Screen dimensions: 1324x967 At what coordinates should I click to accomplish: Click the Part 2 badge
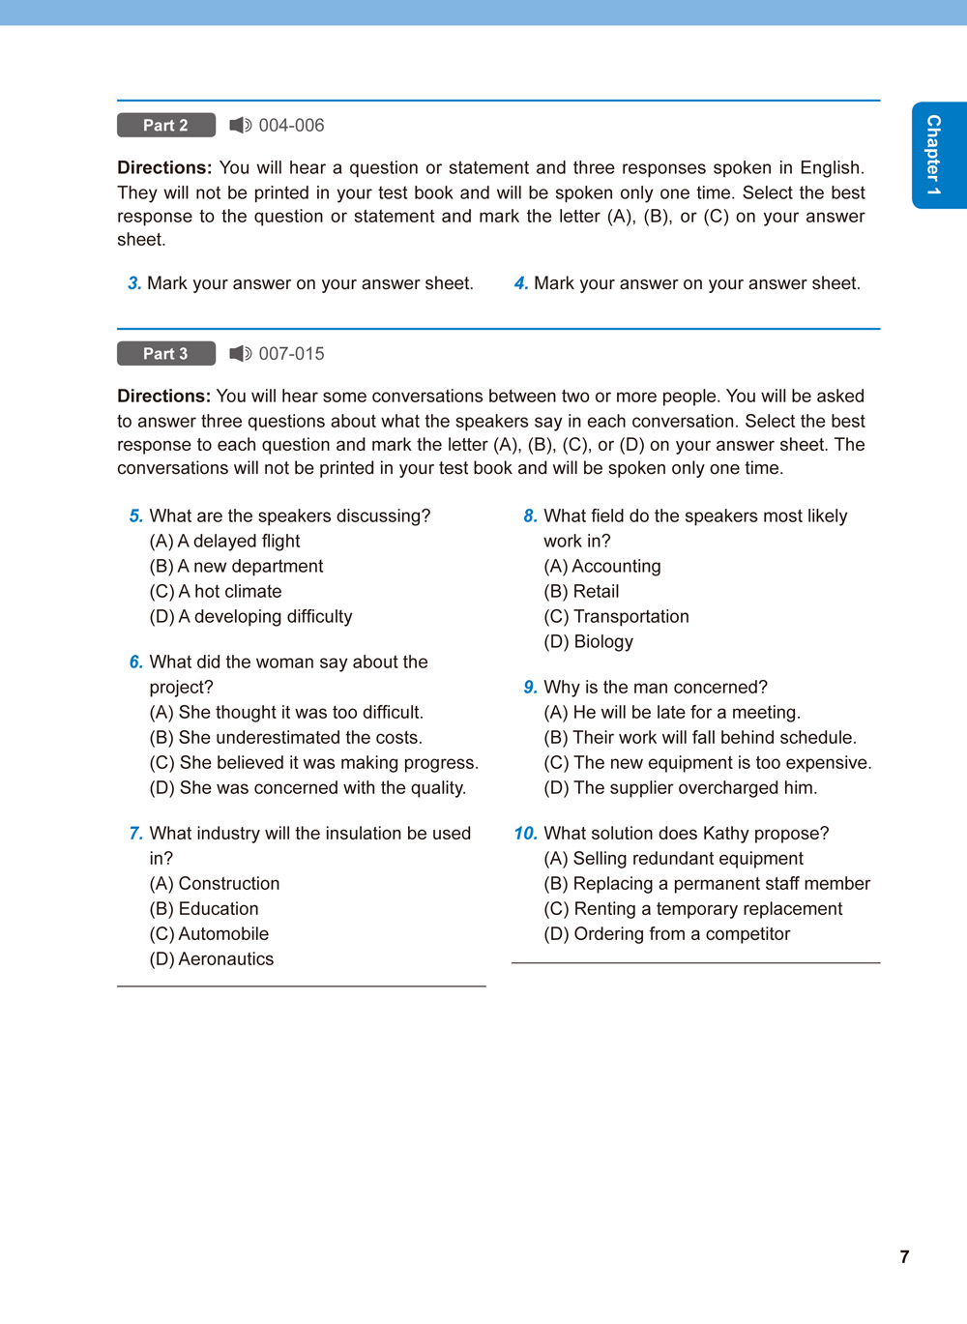tap(166, 126)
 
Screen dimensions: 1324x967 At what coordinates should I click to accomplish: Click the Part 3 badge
tap(166, 354)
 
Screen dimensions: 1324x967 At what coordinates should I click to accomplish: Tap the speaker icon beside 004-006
tap(240, 126)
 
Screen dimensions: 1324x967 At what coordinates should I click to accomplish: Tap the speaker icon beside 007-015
tap(240, 354)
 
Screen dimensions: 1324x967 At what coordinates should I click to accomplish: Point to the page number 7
tap(904, 1257)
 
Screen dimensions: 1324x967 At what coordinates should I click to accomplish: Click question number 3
tap(134, 283)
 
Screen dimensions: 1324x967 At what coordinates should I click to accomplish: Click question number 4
tap(520, 283)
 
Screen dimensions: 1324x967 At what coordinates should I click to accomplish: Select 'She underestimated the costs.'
tap(285, 738)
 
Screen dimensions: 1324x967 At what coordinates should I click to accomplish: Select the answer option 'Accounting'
tap(602, 567)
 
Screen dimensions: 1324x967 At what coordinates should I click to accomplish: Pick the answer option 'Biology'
tap(589, 642)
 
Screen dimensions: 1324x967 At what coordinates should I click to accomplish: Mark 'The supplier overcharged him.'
tap(681, 788)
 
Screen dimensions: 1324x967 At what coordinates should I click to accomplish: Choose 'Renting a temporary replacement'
tap(693, 909)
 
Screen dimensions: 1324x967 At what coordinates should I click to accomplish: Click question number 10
tap(525, 834)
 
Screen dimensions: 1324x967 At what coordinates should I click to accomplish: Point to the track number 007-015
tap(291, 354)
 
